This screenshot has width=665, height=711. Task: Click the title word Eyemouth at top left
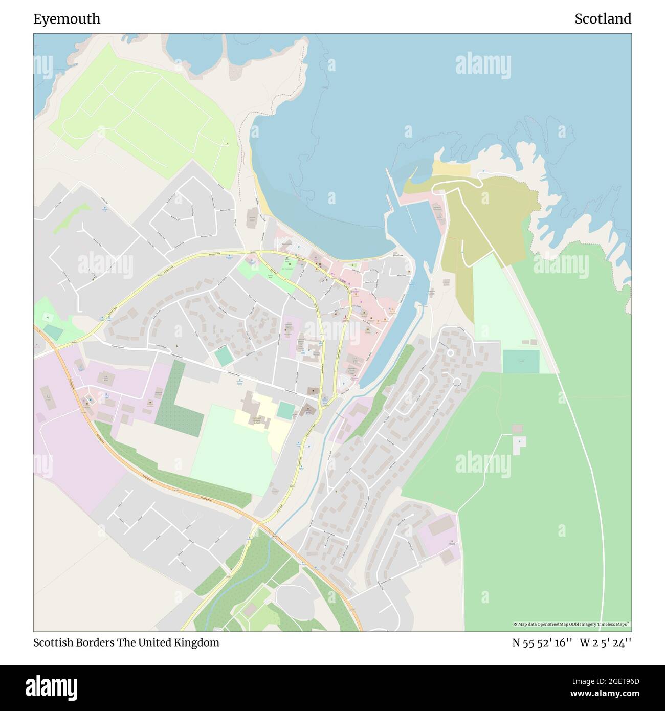pos(66,19)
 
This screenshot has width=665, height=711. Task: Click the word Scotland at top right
pos(603,19)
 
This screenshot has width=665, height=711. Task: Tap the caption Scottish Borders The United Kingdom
pos(126,642)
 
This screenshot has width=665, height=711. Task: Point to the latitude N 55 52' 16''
pos(542,642)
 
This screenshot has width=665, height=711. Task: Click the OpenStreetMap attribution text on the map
pos(572,624)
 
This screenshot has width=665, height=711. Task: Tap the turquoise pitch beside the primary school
pos(286,410)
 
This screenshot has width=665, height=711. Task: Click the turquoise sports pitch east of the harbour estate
pos(521,362)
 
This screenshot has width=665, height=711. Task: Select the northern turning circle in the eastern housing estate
pos(450,352)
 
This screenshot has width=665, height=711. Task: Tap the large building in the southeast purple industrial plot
pos(440,526)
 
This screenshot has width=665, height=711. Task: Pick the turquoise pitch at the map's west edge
pos(53,334)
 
